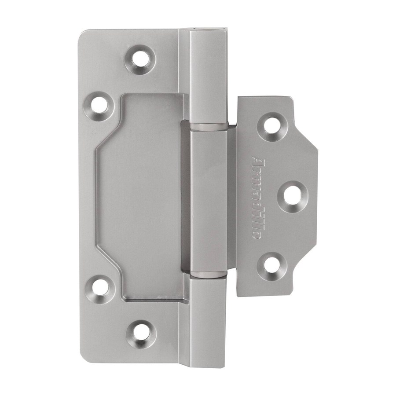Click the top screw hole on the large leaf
(x=140, y=59)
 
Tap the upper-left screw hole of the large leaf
(x=99, y=106)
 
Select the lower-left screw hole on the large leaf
(x=100, y=289)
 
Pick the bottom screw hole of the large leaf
(x=141, y=335)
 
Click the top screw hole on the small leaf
(x=272, y=127)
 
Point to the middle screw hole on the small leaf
(x=293, y=196)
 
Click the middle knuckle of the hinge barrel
(x=209, y=201)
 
